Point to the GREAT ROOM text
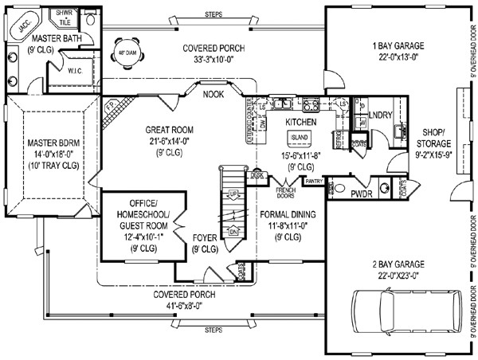click(170, 128)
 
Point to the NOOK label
click(213, 94)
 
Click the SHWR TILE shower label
click(61, 17)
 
